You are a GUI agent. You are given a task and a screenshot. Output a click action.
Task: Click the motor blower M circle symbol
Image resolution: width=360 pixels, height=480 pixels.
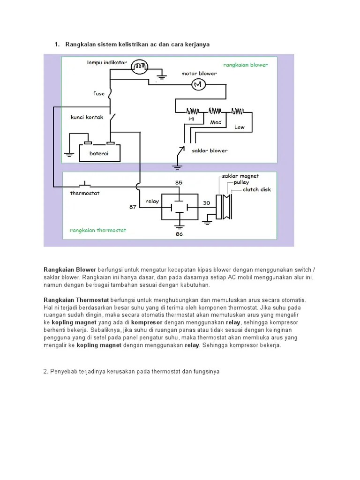coord(197,84)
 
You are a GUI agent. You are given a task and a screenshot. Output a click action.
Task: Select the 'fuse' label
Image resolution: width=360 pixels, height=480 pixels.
coord(98,94)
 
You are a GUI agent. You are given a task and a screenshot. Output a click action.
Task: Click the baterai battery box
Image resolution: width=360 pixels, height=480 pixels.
coord(99,153)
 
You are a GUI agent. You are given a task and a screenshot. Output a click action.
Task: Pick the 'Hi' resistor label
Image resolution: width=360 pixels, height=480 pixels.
coord(191,119)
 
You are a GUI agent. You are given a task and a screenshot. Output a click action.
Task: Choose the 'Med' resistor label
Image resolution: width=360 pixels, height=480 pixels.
coord(216,122)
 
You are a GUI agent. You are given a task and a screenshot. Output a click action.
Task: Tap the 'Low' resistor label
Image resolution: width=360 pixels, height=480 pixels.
coord(240,127)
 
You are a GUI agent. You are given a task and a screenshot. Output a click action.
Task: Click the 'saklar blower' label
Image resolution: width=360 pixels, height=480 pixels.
coord(210,150)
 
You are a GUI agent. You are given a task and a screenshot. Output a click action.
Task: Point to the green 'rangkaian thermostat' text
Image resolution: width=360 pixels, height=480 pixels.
coord(98,230)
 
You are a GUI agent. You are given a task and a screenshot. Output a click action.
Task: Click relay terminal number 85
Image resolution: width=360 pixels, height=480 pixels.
coord(179,182)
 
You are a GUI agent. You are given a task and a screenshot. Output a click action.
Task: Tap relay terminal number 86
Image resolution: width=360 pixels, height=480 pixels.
coord(179,234)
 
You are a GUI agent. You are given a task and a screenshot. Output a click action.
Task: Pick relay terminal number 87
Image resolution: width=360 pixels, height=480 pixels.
coord(133,206)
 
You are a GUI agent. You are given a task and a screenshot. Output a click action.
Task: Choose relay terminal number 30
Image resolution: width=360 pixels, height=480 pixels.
coord(207,203)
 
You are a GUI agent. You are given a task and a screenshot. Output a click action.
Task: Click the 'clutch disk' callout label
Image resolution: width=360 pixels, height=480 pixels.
coord(257,190)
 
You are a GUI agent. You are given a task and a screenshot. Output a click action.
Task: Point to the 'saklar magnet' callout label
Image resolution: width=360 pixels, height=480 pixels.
coord(240,176)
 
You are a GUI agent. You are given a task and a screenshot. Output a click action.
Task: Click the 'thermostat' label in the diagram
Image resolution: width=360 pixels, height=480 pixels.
coord(85,193)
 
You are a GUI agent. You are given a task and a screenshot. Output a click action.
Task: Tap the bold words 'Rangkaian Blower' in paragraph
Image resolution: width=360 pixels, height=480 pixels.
coord(70,270)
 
